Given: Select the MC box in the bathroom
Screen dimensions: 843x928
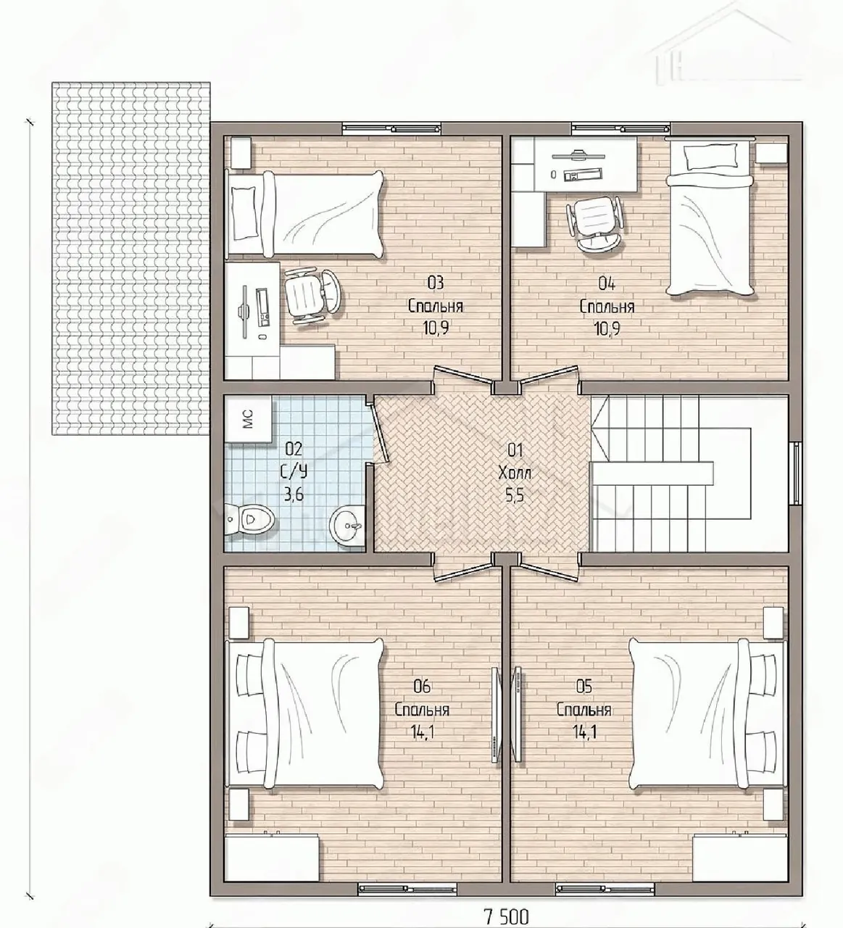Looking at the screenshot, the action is [248, 419].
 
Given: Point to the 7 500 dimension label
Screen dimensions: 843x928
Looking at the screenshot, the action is [506, 916].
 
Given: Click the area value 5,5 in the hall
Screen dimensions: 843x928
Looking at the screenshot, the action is [515, 495].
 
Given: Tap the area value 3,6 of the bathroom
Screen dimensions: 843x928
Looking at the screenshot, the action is [294, 495].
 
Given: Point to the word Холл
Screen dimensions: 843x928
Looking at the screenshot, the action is [515, 472].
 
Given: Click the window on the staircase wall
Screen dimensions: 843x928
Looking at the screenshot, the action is [796, 472].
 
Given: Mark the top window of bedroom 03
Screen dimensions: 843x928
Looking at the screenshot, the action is [391, 128].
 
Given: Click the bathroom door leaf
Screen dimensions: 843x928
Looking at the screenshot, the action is [382, 429].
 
